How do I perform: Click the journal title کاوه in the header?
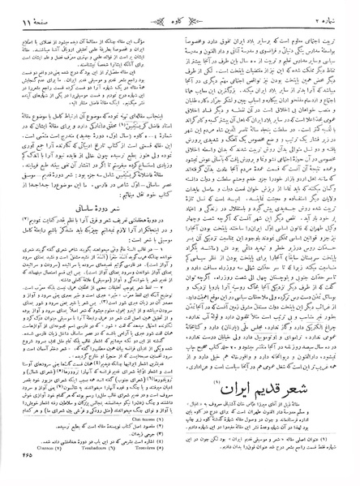pyautogui.click(x=180, y=12)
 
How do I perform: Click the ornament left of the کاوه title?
pyautogui.click(x=159, y=12)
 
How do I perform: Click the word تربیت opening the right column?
pyautogui.click(x=332, y=32)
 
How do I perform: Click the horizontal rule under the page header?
pyautogui.click(x=180, y=22)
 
